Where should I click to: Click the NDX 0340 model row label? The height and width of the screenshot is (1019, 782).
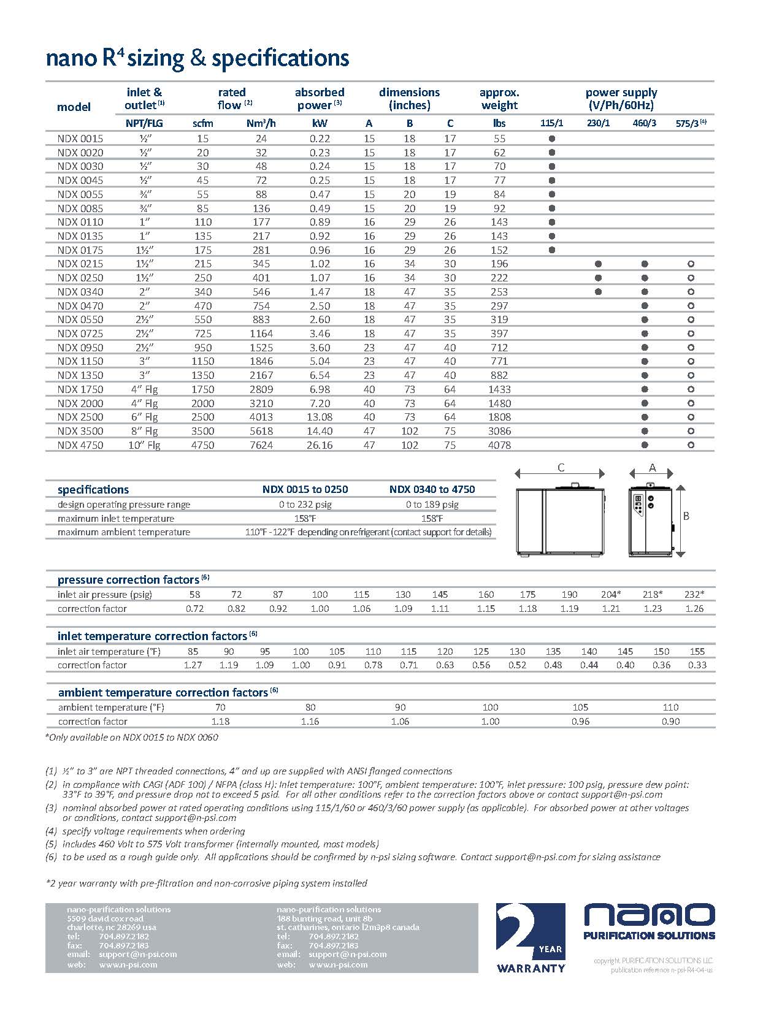click(80, 292)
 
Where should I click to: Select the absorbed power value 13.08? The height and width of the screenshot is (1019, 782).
click(320, 417)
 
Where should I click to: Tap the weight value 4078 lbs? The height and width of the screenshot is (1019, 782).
click(499, 445)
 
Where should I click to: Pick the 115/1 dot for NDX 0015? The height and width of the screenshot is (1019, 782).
click(552, 139)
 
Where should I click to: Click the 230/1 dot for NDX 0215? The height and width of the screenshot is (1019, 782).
click(599, 264)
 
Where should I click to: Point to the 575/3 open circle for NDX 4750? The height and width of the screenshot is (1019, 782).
click(691, 445)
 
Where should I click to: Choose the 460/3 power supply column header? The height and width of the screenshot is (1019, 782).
click(645, 123)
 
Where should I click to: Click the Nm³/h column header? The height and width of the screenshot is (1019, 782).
click(261, 123)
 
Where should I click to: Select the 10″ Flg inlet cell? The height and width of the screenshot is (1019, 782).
click(144, 445)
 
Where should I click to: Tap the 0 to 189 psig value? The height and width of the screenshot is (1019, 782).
click(432, 505)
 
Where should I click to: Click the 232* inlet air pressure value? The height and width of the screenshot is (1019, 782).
click(694, 594)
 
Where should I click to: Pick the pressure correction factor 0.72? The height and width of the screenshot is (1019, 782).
click(194, 609)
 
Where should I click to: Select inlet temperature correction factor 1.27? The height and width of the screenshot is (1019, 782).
click(193, 665)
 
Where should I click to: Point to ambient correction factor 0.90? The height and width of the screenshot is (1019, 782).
click(670, 722)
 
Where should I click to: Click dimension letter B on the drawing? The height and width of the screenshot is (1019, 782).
click(686, 516)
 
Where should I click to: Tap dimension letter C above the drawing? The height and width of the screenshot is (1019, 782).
click(561, 468)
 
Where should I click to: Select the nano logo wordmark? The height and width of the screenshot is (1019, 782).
click(649, 915)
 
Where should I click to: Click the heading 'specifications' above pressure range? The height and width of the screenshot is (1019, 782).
click(93, 489)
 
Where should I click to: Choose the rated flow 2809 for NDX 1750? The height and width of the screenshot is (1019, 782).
click(261, 389)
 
